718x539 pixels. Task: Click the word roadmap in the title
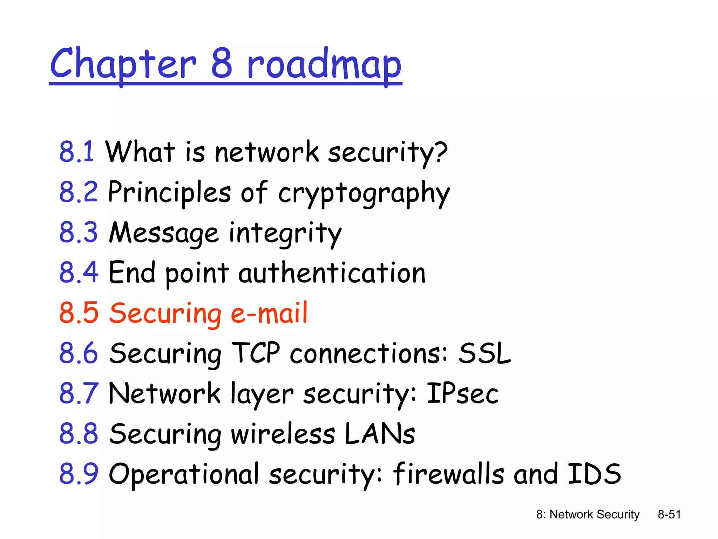(324, 65)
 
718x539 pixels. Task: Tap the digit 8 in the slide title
(222, 63)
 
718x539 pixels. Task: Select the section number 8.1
(76, 152)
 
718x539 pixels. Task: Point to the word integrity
(285, 233)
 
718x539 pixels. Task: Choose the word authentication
(332, 273)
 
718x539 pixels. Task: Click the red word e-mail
(269, 313)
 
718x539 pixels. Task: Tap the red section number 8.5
(79, 313)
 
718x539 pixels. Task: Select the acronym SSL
(485, 353)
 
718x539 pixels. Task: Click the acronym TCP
(256, 353)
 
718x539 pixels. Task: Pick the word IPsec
(462, 393)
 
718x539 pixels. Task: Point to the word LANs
(380, 434)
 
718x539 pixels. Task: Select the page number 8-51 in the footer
(669, 514)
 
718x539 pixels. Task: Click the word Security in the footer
(618, 514)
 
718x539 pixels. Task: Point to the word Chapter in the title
(123, 65)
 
